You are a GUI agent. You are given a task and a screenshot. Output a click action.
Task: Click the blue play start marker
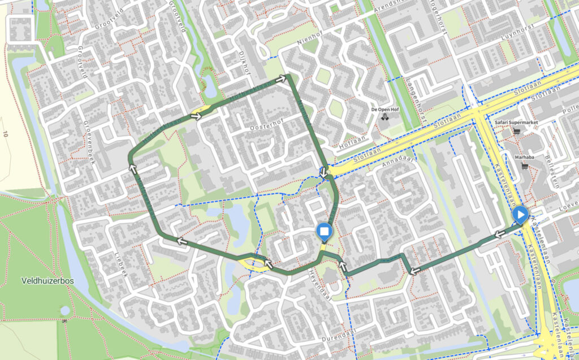(520, 215)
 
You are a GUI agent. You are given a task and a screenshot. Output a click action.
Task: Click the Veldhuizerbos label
(45, 280)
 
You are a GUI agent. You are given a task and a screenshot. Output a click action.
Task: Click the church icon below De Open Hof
(385, 117)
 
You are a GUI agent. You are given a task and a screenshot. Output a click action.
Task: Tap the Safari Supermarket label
(516, 122)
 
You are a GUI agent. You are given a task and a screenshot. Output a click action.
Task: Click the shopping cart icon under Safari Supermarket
(516, 131)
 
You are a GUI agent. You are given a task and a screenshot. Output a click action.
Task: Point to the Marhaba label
(525, 158)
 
